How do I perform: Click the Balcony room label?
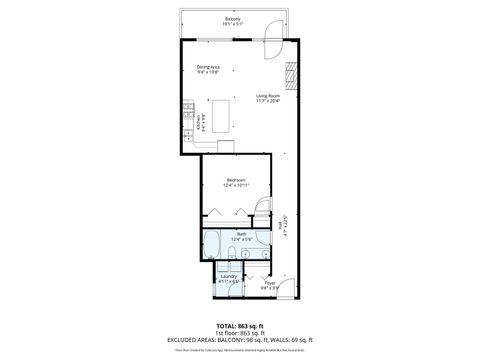[233, 20]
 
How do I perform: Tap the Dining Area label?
[208, 69]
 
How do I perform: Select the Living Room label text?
[268, 98]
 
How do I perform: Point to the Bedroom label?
[235, 182]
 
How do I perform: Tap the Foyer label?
[269, 285]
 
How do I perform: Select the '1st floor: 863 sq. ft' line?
[239, 334]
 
